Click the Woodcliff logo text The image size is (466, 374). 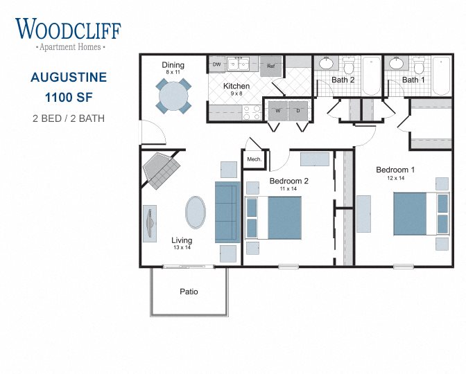pyautogui.click(x=68, y=29)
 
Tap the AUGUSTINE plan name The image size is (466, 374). pyautogui.click(x=69, y=77)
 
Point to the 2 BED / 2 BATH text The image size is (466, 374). pyautogui.click(x=69, y=118)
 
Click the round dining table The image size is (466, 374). pyautogui.click(x=173, y=96)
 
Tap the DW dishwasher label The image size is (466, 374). pyautogui.click(x=216, y=64)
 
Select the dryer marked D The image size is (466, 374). pyautogui.click(x=298, y=109)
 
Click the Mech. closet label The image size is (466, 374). pyautogui.click(x=254, y=160)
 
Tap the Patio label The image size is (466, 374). pyautogui.click(x=189, y=292)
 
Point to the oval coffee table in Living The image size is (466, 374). pyautogui.click(x=195, y=212)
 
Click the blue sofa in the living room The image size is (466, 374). pyautogui.click(x=227, y=212)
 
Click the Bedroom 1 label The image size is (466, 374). pyautogui.click(x=395, y=170)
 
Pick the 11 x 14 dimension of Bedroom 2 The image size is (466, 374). pyautogui.click(x=288, y=188)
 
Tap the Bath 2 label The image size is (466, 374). pyautogui.click(x=343, y=80)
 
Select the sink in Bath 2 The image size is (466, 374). pyautogui.click(x=325, y=64)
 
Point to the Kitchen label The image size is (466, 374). pyautogui.click(x=236, y=87)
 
